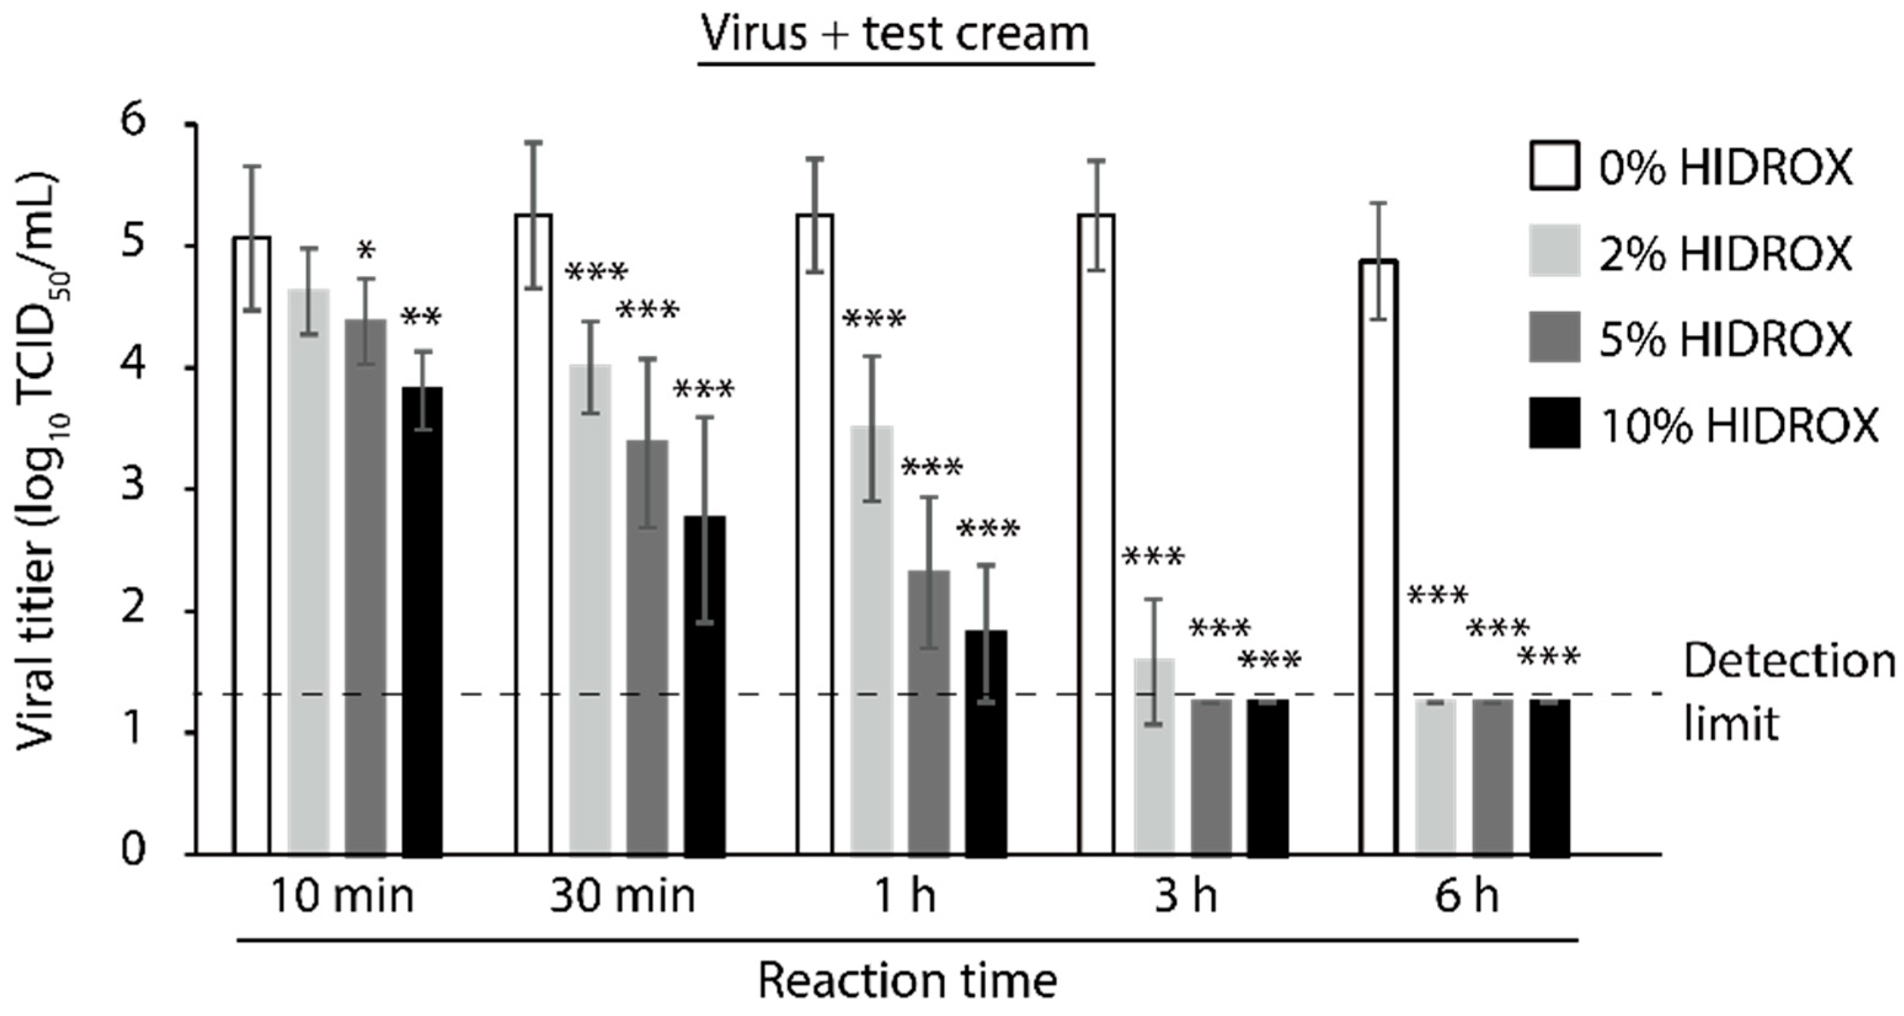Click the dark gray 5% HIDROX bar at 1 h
pyautogui.click(x=929, y=712)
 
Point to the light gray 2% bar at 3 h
pyautogui.click(x=1154, y=756)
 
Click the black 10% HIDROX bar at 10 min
pyautogui.click(x=422, y=621)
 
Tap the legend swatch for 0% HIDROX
pyautogui.click(x=1555, y=165)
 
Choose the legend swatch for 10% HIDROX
pyautogui.click(x=1555, y=423)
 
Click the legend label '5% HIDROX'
pyautogui.click(x=1725, y=338)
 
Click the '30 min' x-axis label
pyautogui.click(x=622, y=896)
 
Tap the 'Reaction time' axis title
pyautogui.click(x=908, y=982)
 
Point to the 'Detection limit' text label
pyautogui.click(x=1789, y=691)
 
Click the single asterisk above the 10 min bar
pyautogui.click(x=366, y=251)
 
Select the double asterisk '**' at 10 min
pyautogui.click(x=421, y=319)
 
